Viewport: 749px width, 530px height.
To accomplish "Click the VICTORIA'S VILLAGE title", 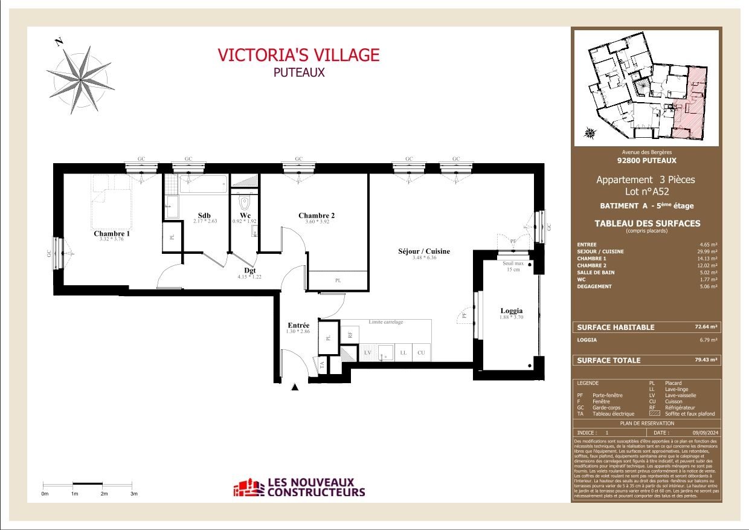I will [298, 55].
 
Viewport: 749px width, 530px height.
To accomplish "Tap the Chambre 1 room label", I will [112, 233].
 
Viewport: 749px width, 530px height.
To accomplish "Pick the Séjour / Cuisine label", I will [423, 251].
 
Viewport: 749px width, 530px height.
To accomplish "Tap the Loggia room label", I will [511, 311].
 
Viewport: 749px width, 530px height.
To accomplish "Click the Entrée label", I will [298, 325].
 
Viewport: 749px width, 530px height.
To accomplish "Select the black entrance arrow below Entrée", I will [295, 387].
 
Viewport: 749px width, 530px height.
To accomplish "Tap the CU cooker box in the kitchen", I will [421, 352].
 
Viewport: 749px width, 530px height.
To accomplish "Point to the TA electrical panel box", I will [323, 364].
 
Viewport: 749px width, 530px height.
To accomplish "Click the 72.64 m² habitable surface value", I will [706, 327].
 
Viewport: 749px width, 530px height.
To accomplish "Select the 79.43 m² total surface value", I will [706, 360].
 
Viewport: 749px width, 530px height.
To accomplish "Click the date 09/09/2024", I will [703, 433].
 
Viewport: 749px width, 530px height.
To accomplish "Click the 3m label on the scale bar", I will [134, 494].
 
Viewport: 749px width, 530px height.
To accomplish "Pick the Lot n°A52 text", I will [646, 192].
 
